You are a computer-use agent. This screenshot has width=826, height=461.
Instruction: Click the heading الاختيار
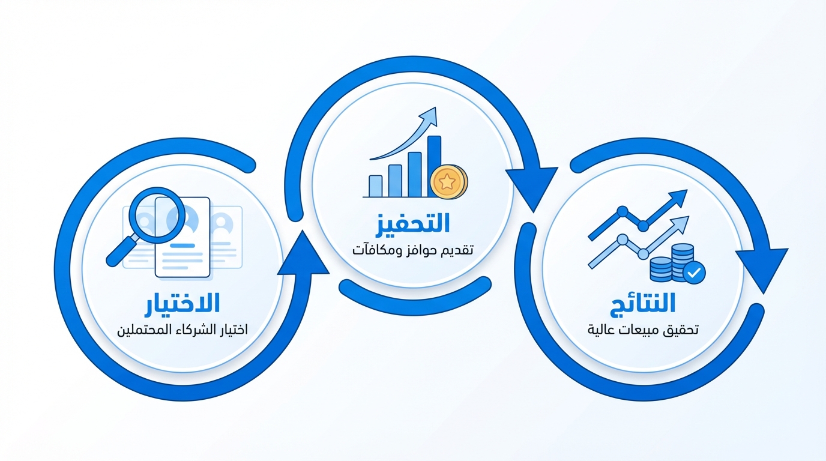click(182, 305)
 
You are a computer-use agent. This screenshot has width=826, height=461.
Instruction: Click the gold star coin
click(448, 181)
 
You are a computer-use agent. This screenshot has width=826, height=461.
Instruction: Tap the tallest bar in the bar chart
click(435, 166)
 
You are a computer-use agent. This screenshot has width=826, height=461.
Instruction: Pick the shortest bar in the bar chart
click(375, 186)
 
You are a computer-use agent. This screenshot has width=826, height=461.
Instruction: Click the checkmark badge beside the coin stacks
click(694, 273)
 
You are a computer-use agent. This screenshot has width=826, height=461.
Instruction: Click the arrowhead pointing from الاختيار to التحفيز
click(303, 254)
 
